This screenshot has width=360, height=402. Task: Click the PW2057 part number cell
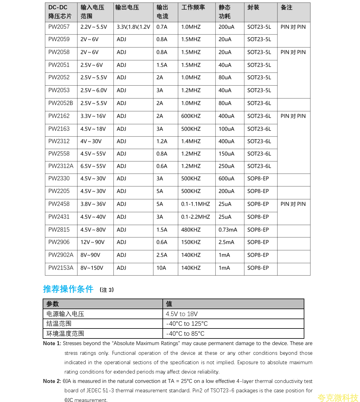point(59,27)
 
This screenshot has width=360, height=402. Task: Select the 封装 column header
point(253,8)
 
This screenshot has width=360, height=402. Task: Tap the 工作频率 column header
point(193,8)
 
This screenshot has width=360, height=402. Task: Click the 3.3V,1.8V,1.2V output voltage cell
point(133,27)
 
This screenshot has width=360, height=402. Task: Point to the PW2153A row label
point(61,268)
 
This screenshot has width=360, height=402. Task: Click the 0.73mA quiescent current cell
point(228,230)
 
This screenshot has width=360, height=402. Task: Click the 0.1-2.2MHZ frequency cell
point(195,217)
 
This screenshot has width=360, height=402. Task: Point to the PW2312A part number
point(61,166)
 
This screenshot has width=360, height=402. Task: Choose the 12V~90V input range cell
point(92,242)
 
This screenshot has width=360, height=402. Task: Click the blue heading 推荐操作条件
point(68,289)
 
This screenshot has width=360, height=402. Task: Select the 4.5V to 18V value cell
point(182,314)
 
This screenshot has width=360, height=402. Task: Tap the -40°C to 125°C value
point(187,324)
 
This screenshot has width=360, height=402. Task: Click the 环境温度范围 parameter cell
point(65,334)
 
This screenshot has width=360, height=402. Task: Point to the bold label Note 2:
point(52,381)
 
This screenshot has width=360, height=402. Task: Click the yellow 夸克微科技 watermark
point(338,397)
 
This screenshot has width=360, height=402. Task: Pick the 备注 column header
point(286,8)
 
